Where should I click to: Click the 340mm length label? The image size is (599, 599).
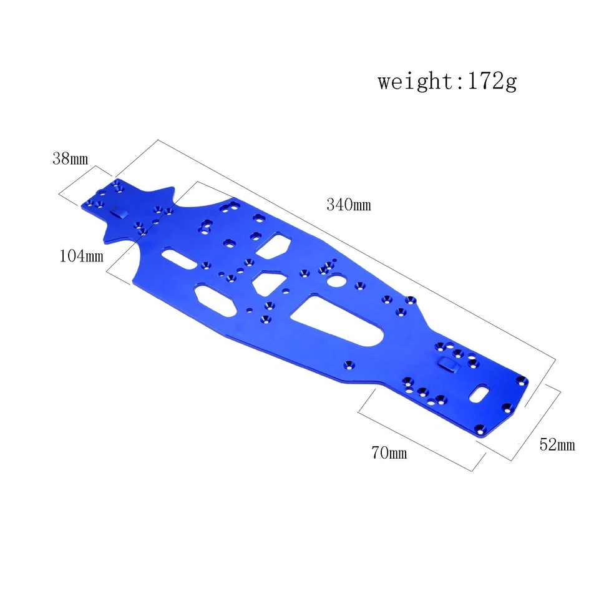[x=348, y=204]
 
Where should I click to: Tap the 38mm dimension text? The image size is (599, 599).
[x=70, y=158]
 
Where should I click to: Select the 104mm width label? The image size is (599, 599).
[x=81, y=255]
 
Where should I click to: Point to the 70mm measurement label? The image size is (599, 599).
[x=389, y=452]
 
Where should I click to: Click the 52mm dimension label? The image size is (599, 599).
[x=557, y=444]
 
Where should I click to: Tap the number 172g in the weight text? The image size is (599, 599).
[x=489, y=82]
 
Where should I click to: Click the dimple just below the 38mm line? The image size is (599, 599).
[x=119, y=213]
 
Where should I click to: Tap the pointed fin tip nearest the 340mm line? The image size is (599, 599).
[x=170, y=189]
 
